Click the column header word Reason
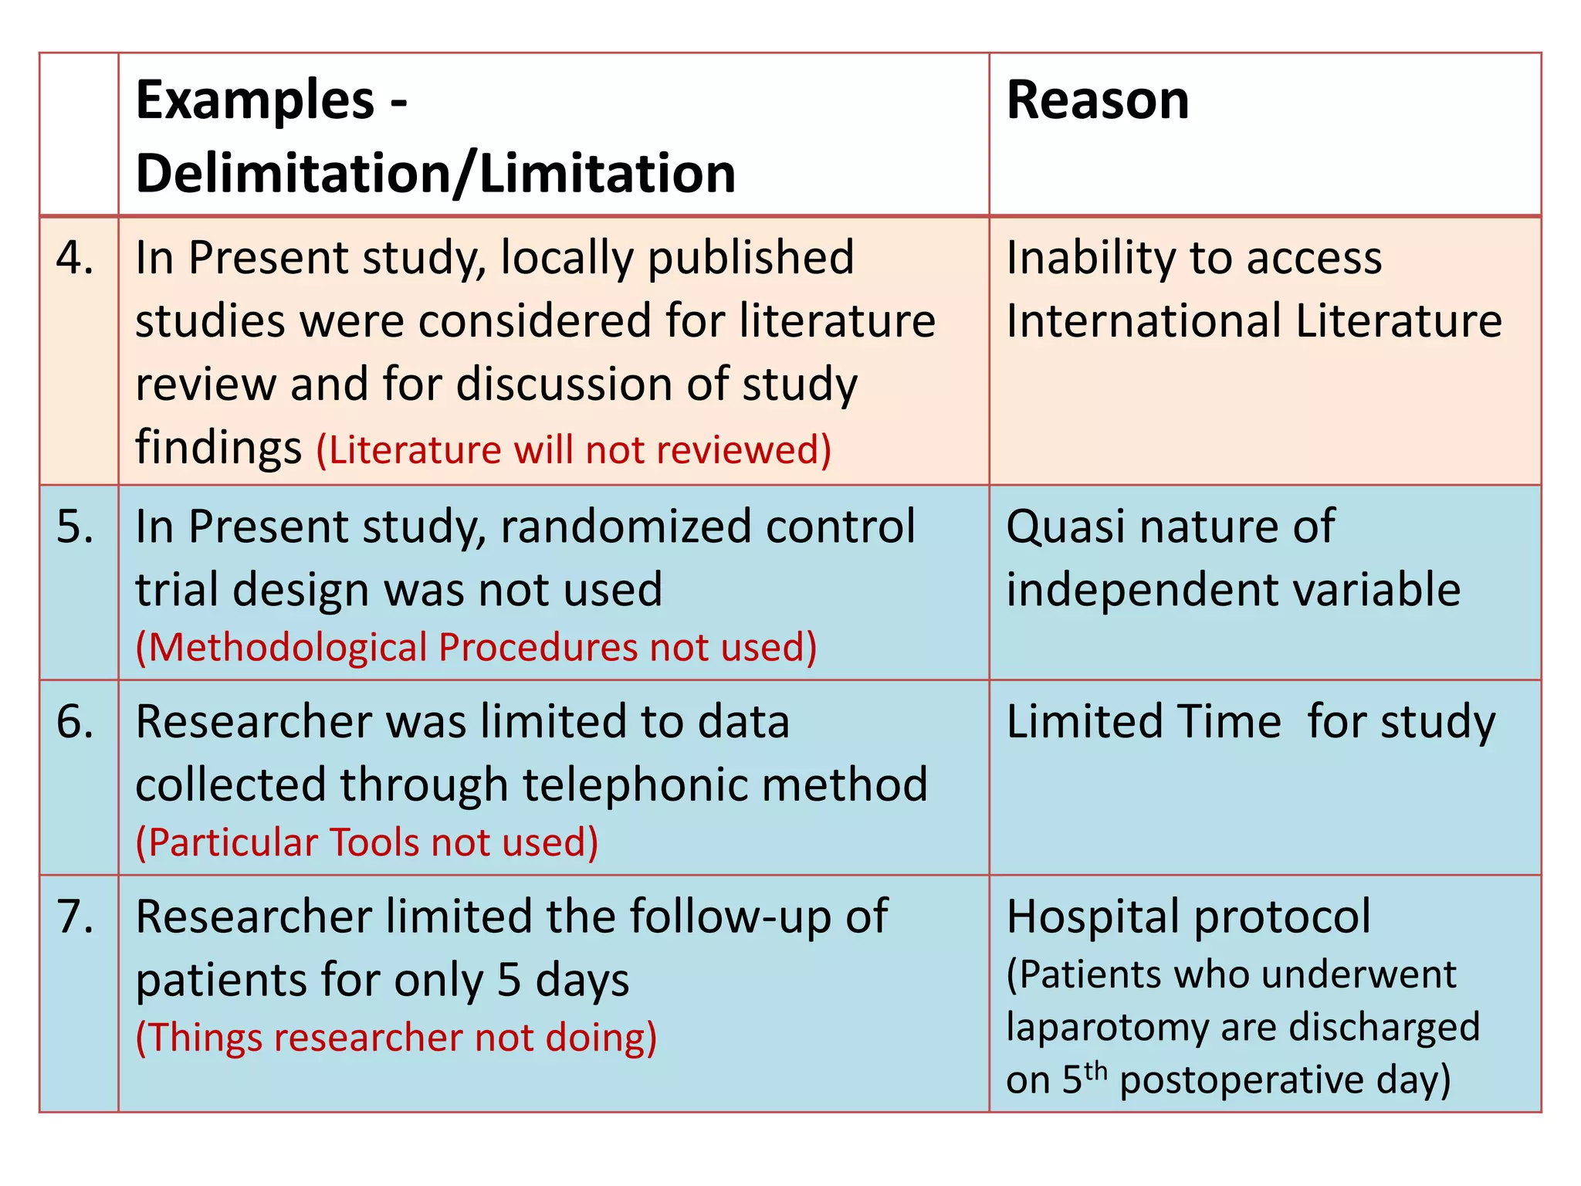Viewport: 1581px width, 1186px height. click(1097, 101)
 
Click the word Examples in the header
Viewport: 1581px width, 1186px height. click(255, 101)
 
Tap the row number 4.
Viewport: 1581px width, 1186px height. click(75, 258)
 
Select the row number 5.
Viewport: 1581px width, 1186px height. click(75, 527)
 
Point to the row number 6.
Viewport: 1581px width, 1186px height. click(75, 722)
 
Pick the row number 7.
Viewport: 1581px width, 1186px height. click(75, 917)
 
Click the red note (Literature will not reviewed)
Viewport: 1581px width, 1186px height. click(574, 450)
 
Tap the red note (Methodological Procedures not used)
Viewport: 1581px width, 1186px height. click(476, 647)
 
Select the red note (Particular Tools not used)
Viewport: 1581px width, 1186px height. click(367, 842)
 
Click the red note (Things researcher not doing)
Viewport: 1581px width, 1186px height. click(396, 1038)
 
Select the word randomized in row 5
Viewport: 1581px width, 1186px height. click(625, 527)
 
